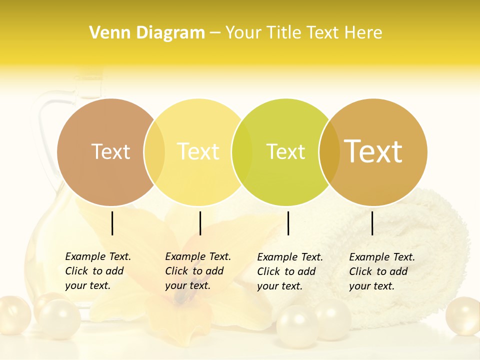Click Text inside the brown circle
[110, 151]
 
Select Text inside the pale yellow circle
[198, 151]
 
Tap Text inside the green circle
[285, 151]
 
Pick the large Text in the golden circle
[373, 151]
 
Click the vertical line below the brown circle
[112, 223]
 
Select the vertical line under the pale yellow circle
[200, 223]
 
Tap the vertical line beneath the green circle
[288, 223]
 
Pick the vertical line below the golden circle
[372, 223]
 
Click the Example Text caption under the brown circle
[97, 271]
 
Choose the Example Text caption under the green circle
[289, 271]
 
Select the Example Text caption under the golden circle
[381, 271]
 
